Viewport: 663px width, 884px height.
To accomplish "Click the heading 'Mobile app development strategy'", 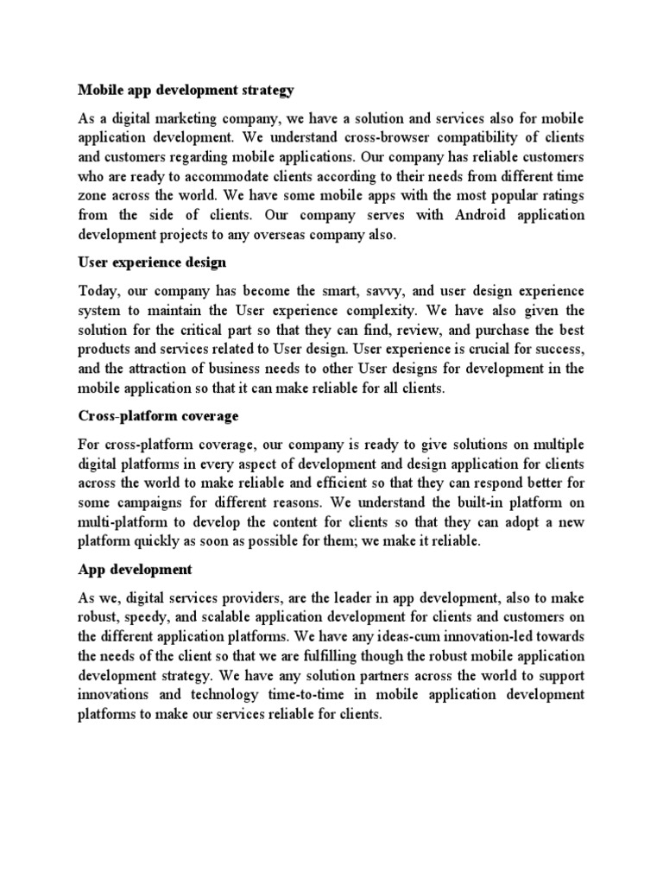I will coord(186,89).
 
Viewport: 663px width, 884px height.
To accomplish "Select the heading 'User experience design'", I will coord(153,261).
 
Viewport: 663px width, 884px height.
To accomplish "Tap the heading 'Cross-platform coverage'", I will coord(158,415).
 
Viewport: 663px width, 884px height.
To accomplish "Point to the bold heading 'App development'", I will coord(135,570).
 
